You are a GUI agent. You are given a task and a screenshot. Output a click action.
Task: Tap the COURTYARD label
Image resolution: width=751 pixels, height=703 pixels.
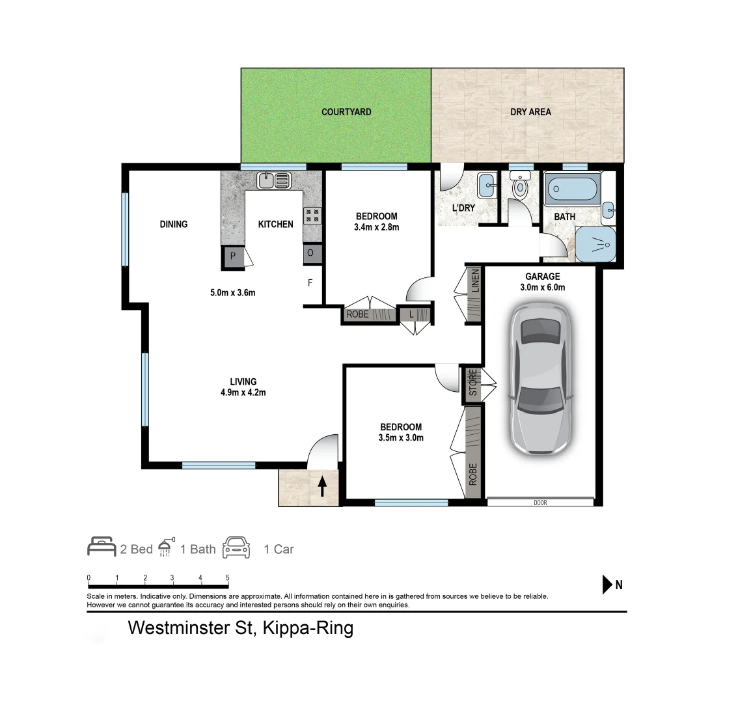point(346,112)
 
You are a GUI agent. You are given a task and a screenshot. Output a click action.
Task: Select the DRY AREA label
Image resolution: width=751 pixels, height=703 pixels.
point(530,112)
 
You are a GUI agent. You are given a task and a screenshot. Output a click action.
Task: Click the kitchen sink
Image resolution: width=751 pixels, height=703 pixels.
point(274,180)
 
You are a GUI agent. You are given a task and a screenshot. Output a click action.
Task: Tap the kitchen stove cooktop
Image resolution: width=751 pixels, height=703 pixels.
point(312,215)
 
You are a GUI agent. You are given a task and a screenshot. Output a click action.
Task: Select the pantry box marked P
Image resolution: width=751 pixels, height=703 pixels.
point(233,257)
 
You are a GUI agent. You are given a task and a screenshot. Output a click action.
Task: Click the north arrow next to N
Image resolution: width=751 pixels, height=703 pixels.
point(607,585)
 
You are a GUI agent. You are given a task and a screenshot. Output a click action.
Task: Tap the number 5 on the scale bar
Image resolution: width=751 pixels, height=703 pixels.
point(227,577)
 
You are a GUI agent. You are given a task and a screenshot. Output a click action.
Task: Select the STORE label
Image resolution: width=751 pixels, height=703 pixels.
point(473,383)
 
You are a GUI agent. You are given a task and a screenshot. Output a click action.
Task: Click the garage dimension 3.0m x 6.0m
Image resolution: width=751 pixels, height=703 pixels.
point(542,287)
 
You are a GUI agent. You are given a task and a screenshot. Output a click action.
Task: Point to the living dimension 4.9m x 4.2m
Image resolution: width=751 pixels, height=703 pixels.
point(243,393)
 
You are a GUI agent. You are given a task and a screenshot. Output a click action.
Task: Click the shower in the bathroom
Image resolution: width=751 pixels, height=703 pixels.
point(595,244)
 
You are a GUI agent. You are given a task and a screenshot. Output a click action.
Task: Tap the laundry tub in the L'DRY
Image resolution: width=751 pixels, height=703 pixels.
point(485,186)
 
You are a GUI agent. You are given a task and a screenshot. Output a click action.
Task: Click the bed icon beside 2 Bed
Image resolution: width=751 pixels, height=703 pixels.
point(102,547)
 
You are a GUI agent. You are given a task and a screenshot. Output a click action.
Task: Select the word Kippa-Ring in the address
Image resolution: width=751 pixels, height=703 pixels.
point(308,628)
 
